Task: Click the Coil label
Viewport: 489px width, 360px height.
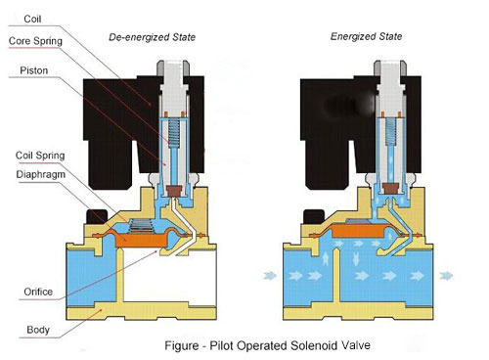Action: (x=32, y=19)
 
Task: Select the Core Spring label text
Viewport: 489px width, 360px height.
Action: (x=35, y=41)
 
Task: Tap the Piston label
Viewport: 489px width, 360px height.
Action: (x=34, y=70)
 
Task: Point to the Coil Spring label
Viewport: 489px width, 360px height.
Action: (x=40, y=156)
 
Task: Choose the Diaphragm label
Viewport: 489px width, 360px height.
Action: (x=41, y=174)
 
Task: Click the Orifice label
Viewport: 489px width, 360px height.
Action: (x=38, y=292)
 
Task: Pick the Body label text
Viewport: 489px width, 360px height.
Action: (x=38, y=330)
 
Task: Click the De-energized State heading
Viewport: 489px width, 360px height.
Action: (x=152, y=37)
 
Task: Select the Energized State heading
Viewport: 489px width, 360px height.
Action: (x=366, y=36)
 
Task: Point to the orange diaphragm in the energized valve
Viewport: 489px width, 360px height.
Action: (x=359, y=231)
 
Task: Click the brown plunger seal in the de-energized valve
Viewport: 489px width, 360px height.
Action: (x=174, y=191)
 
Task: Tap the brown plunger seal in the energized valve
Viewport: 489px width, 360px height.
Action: (x=390, y=188)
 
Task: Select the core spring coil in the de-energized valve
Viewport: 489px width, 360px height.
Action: (x=173, y=133)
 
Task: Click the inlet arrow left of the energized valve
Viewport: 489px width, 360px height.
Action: (x=270, y=276)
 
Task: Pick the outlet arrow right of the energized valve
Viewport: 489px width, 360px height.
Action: (x=446, y=276)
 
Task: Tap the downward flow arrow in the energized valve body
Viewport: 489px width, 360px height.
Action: (x=356, y=258)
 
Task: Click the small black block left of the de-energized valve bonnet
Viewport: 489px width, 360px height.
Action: (x=97, y=216)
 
